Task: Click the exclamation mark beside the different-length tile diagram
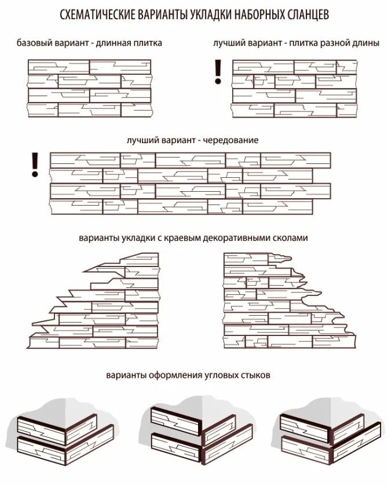(x=218, y=71)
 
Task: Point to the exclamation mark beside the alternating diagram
(x=35, y=165)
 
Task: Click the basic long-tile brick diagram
(x=90, y=88)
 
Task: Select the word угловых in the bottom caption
(x=222, y=375)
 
